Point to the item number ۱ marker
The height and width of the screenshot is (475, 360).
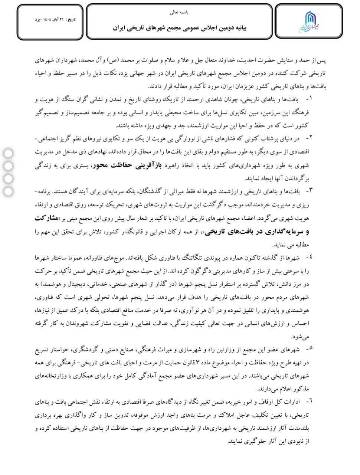click(x=310, y=99)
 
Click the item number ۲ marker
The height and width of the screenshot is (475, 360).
click(x=310, y=138)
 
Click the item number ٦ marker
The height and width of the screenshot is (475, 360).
click(x=310, y=401)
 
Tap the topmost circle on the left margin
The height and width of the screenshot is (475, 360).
click(x=8, y=153)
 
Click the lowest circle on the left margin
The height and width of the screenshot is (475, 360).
click(x=8, y=192)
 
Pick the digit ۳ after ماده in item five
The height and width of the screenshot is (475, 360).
click(x=198, y=362)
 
